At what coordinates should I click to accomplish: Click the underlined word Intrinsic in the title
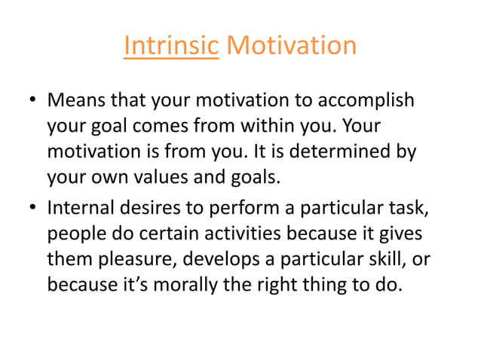pyautogui.click(x=170, y=46)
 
